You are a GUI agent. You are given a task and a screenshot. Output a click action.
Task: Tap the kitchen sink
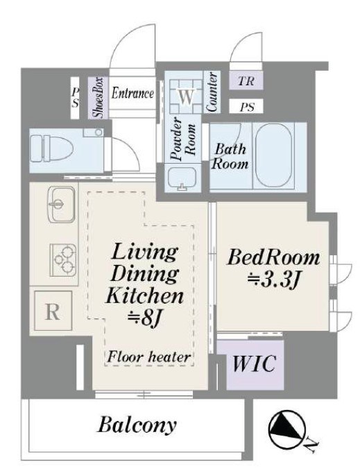61,204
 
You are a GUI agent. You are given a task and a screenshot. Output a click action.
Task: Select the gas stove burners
63,259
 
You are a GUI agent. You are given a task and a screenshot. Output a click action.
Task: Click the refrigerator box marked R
53,311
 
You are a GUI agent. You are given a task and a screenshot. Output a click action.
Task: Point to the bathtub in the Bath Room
274,155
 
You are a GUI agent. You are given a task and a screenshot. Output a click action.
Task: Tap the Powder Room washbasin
182,179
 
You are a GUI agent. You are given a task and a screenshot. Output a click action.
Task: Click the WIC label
254,363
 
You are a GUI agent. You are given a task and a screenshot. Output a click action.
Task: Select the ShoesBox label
98,97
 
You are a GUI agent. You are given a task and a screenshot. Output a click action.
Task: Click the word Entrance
132,93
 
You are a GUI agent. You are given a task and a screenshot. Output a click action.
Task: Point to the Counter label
212,92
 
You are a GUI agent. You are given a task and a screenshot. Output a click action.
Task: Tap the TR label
246,81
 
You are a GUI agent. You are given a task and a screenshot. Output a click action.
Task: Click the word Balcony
137,424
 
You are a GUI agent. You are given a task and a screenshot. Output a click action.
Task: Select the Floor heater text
149,357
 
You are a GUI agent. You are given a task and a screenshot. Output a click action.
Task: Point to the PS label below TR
247,107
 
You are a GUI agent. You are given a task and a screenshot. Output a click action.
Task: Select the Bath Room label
230,157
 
